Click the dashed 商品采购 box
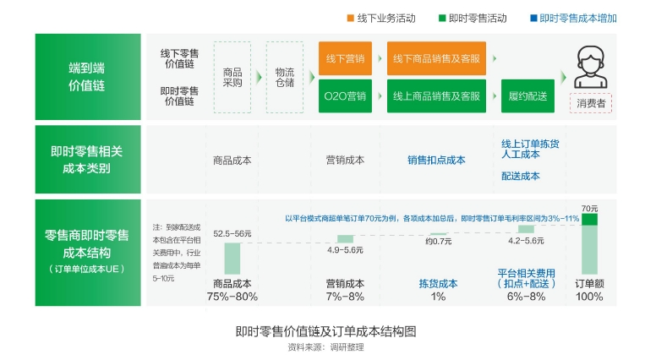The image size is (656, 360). pos(232,77)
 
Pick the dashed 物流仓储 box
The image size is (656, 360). pos(284,77)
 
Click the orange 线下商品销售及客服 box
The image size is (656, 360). pos(436,58)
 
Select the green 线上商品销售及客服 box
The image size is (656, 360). pos(436,95)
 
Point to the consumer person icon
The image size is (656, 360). pos(591,68)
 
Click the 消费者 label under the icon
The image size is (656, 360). pos(591,104)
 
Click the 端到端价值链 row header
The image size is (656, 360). pos(88,76)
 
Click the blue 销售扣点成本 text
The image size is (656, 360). pos(436,160)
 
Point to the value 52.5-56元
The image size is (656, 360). pos(232,233)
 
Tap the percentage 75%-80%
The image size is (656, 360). pos(232,297)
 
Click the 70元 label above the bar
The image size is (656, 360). pos(589,208)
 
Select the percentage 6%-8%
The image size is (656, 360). pos(526,297)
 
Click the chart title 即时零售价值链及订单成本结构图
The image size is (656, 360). pos(326,331)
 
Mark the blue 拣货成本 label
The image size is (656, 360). pos(438,284)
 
